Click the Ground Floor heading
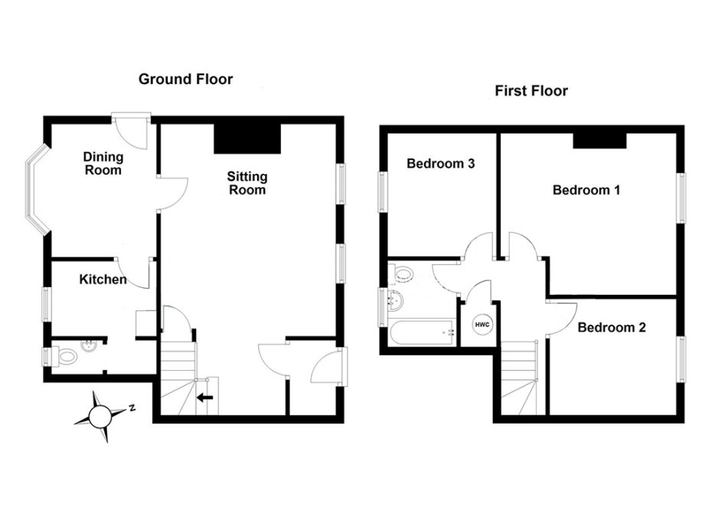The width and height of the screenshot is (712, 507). pos(185,79)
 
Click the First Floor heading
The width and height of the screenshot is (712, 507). pos(531,91)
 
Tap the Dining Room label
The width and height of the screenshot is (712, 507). pos(103,164)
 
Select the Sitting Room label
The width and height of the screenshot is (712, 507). pos(247,182)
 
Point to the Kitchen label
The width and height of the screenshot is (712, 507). pos(103,279)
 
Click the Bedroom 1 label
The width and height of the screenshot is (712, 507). pos(586,190)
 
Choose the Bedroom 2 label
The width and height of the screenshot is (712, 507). pos(612,327)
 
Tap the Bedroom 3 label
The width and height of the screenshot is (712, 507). pos(440,163)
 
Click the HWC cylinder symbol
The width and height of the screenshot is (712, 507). pos(482,325)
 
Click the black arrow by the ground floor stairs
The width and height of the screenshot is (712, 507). pos(205,398)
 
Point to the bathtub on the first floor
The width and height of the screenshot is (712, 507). pos(421,333)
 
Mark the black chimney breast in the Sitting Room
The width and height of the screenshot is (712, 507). pos(247,139)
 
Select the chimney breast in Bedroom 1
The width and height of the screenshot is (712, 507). pos(600,141)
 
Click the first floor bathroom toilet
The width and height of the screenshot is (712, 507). pos(400,273)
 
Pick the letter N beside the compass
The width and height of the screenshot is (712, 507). pos(132,408)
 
